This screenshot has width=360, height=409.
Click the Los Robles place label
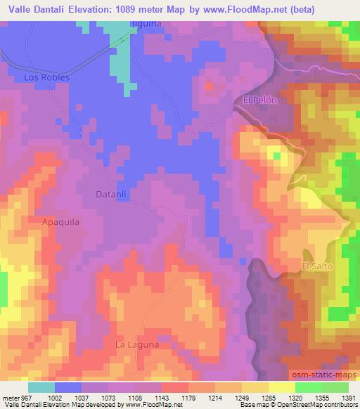click(46, 77)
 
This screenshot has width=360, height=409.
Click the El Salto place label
click(316, 266)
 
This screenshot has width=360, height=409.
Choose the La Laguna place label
click(138, 344)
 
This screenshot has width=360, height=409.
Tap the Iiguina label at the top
click(146, 23)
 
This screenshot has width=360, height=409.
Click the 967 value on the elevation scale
click(24, 398)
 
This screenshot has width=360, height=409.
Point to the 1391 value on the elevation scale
click(347, 398)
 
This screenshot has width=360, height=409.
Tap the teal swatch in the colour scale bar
click(41, 387)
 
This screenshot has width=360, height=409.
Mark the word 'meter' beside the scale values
click(8, 398)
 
